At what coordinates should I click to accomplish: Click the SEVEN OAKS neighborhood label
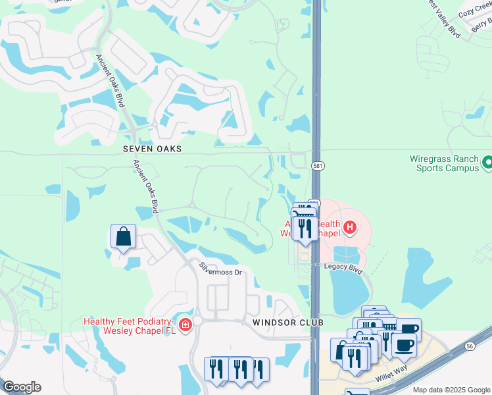tap(152, 149)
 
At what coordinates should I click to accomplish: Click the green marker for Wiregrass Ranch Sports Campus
tap(487, 161)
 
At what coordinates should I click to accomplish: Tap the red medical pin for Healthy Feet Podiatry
tap(185, 325)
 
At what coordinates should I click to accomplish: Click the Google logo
tap(22, 387)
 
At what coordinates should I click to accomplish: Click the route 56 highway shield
tap(470, 346)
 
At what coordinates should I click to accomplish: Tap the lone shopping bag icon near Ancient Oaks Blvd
tap(123, 236)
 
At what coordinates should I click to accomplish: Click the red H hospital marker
tap(350, 228)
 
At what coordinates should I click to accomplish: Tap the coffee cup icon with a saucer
tap(403, 344)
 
